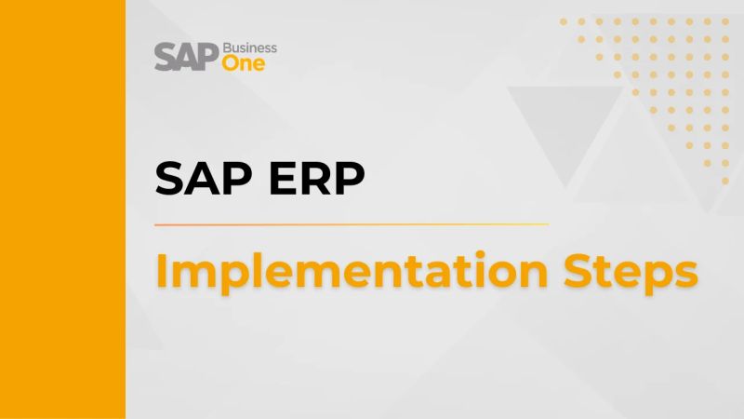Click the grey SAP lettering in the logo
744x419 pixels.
[186, 57]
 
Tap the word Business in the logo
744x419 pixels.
[249, 47]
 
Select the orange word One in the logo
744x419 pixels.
[244, 63]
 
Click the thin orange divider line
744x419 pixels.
[352, 224]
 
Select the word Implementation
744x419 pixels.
[340, 272]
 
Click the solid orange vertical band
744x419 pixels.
[62, 209]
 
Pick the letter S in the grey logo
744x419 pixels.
[165, 57]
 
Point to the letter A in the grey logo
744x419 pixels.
[185, 57]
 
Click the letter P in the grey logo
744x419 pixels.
[206, 57]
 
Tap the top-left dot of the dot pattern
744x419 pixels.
[565, 20]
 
